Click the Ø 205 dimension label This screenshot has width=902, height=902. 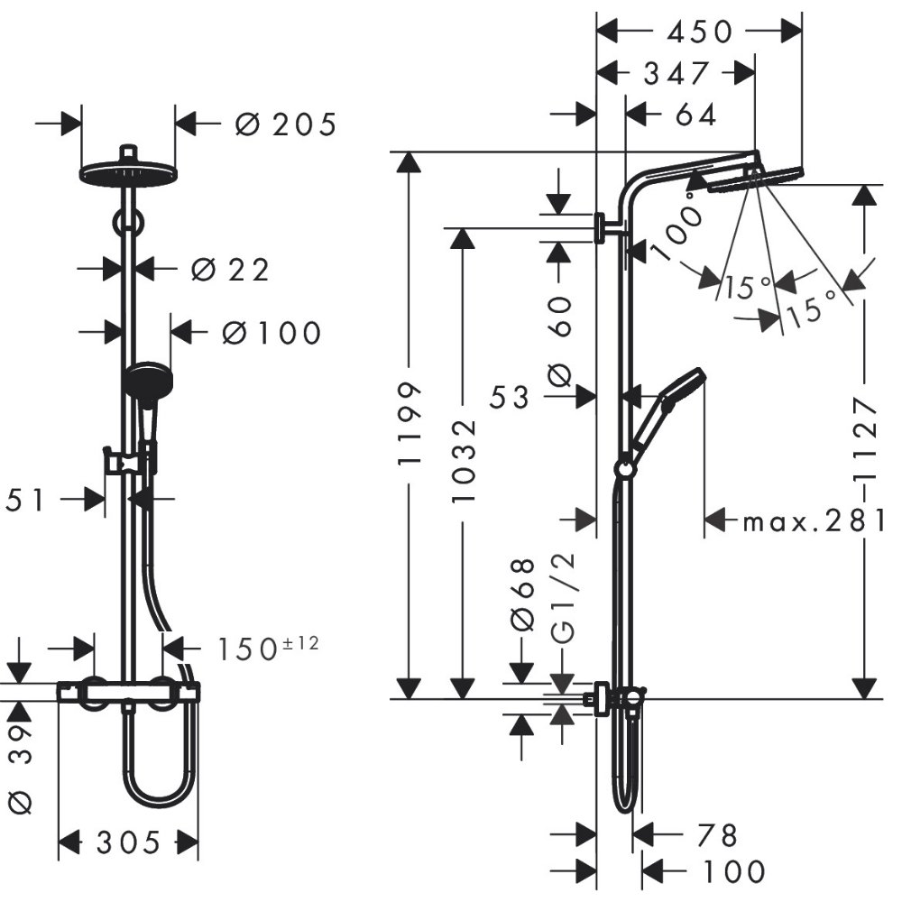tap(285, 124)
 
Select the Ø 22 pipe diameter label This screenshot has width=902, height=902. tap(230, 269)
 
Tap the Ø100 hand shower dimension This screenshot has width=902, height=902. tap(272, 333)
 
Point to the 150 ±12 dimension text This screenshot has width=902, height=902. tap(268, 649)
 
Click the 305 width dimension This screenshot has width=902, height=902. tap(128, 843)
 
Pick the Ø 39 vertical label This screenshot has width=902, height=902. tap(21, 769)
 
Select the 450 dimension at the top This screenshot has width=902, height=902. tap(700, 32)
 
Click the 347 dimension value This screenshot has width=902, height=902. tap(676, 74)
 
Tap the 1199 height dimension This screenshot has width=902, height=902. tap(410, 424)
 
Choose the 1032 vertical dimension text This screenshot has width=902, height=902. tap(464, 462)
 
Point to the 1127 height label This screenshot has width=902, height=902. tap(865, 437)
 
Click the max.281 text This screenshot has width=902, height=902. tap(814, 521)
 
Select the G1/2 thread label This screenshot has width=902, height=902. tap(563, 598)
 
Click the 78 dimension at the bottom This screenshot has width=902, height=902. tap(717, 835)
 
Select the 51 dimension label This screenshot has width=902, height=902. tap(24, 500)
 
